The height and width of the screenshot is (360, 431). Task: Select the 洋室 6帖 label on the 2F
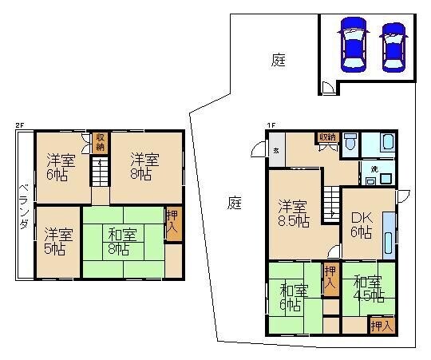click(x=57, y=166)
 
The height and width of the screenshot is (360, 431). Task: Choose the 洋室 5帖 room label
click(x=57, y=241)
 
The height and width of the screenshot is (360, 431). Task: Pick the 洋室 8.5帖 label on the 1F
click(x=293, y=211)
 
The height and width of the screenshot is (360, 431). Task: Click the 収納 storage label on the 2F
click(x=100, y=143)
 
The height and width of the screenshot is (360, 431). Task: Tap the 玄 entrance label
click(x=275, y=150)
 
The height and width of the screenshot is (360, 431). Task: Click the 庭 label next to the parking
click(x=278, y=60)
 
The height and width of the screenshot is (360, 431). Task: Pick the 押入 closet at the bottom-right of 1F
click(x=382, y=325)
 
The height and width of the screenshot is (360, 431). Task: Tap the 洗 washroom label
click(x=374, y=169)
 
